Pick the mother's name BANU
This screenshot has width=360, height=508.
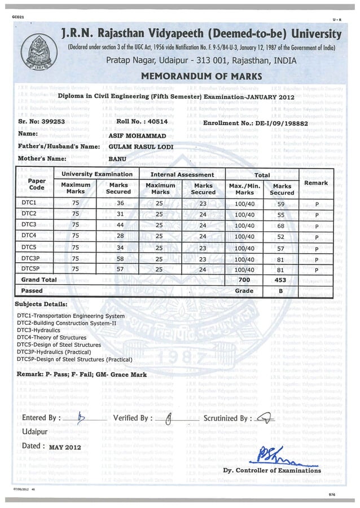point(117,159)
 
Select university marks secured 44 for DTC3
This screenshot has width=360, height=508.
point(120,225)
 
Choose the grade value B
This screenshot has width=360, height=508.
point(280,290)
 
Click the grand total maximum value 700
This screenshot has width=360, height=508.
point(244,280)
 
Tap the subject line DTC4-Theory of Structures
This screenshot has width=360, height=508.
point(54,337)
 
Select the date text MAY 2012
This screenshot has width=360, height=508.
point(65,448)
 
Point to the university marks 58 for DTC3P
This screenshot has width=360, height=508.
point(120,258)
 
